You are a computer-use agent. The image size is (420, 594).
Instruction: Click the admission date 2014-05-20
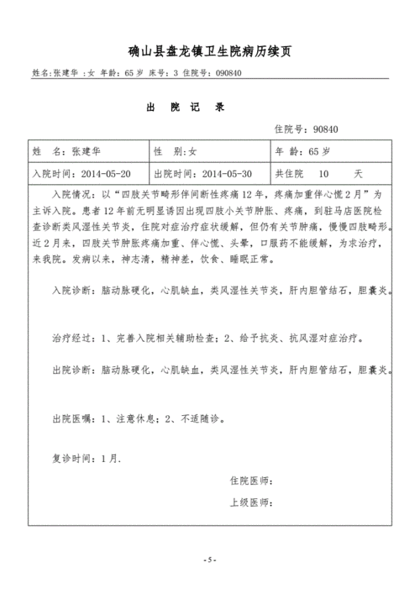click(102, 174)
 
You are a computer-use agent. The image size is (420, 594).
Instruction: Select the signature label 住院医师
click(250, 481)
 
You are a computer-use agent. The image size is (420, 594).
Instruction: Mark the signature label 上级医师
click(250, 502)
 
